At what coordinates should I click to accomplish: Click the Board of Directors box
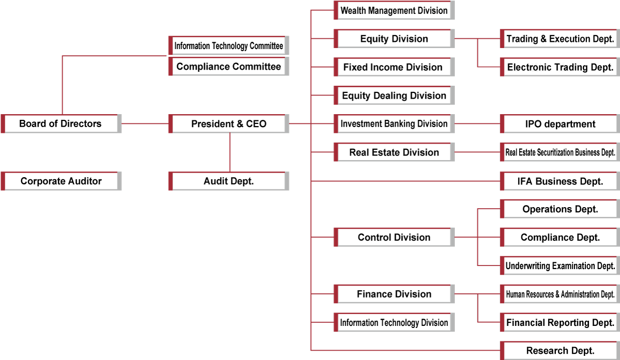pyautogui.click(x=61, y=123)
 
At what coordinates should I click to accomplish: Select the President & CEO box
pyautogui.click(x=228, y=123)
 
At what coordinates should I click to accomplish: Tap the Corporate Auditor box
pyautogui.click(x=61, y=181)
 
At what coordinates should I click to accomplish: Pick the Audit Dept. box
pyautogui.click(x=228, y=181)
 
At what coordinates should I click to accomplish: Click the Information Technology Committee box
pyautogui.click(x=228, y=45)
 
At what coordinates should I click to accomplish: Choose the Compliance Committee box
pyautogui.click(x=228, y=67)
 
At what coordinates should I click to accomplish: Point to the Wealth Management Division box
pyautogui.click(x=394, y=10)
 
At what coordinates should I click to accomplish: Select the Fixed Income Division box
pyautogui.click(x=394, y=67)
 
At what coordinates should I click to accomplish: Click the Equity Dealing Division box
pyautogui.click(x=394, y=96)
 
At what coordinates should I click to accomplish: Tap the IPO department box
pyautogui.click(x=560, y=123)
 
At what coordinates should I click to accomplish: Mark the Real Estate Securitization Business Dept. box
pyautogui.click(x=560, y=152)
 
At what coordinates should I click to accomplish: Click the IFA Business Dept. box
pyautogui.click(x=560, y=181)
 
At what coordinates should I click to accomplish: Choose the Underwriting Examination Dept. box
pyautogui.click(x=560, y=265)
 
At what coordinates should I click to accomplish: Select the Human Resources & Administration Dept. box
pyautogui.click(x=560, y=294)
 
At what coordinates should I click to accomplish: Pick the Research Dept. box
pyautogui.click(x=560, y=351)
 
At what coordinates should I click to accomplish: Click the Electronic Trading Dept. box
pyautogui.click(x=560, y=67)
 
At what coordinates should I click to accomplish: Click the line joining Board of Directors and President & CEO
pyautogui.click(x=145, y=123)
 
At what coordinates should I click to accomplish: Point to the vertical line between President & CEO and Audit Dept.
pyautogui.click(x=230, y=152)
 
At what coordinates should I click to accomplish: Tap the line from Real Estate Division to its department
pyautogui.click(x=477, y=152)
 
